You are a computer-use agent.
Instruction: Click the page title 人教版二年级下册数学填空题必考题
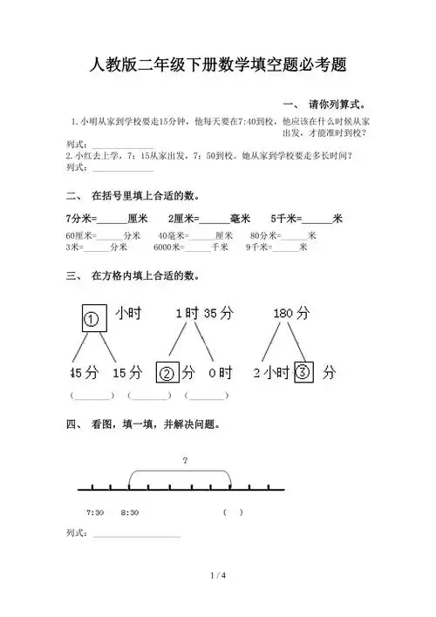coord(218,64)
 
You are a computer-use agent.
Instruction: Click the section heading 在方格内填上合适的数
coord(143,276)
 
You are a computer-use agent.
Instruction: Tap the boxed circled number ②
coord(167,374)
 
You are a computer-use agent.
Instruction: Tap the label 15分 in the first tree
coord(127,374)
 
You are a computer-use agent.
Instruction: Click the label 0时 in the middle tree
coord(221,374)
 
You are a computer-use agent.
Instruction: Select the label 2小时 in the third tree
coord(271,374)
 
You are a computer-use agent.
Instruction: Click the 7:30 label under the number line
coord(96,512)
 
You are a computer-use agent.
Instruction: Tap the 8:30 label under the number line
coord(130,512)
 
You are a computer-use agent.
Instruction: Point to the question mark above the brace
coord(186,460)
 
